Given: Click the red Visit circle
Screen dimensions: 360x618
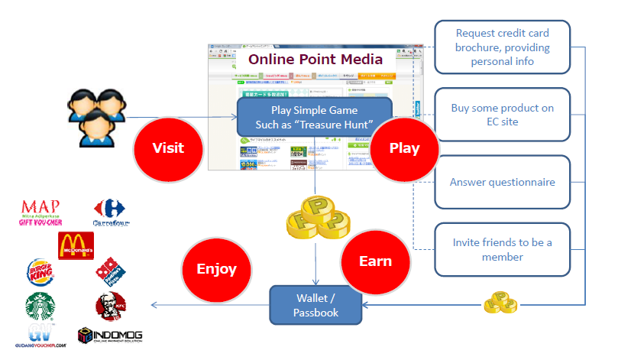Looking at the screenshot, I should tap(167, 148).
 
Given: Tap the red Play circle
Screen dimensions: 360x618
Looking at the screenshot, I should tap(405, 148).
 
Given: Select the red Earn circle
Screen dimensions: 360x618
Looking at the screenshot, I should tap(375, 261).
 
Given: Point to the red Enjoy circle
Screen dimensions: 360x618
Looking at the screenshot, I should tap(216, 269).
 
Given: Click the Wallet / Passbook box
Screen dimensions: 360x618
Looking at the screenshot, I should tap(316, 304).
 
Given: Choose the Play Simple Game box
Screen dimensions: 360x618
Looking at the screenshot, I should tap(315, 116).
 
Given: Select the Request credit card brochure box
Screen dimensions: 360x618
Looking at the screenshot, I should tap(502, 47).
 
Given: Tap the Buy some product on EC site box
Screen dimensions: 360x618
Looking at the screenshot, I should tap(502, 115).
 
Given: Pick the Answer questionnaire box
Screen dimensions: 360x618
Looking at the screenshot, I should tap(502, 183).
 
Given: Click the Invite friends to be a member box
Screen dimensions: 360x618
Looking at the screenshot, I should tap(502, 249).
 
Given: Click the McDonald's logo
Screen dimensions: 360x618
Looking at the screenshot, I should tap(76, 247).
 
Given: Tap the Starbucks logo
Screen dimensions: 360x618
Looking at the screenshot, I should tap(40, 306).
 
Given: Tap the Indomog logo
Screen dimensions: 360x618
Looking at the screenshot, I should tap(110, 336).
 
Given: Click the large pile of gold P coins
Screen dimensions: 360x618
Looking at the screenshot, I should tap(313, 219).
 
